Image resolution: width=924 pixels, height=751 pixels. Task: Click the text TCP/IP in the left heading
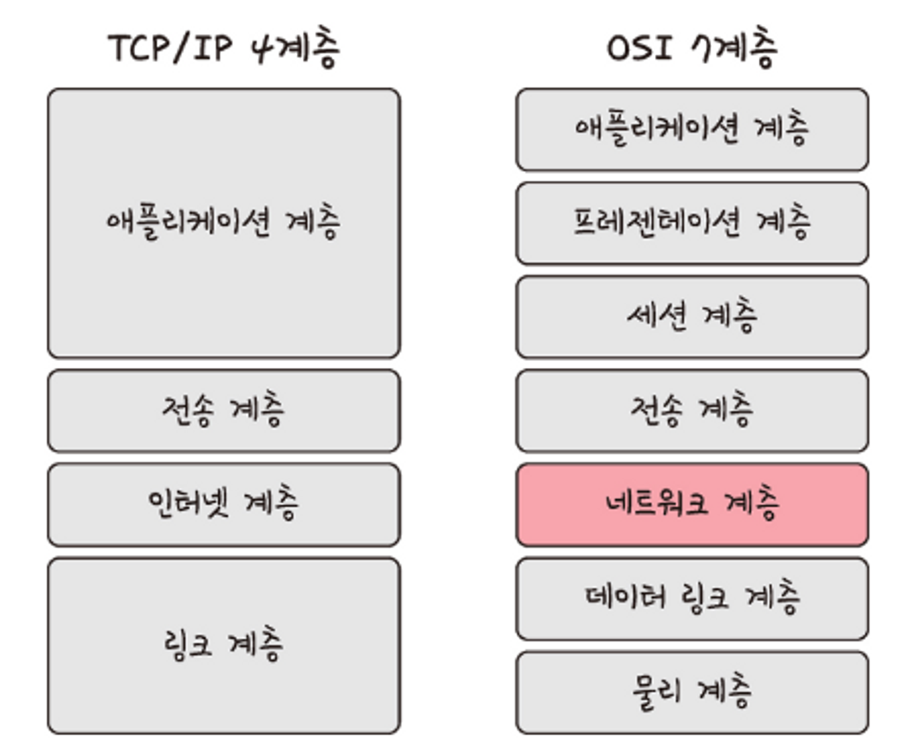click(x=170, y=48)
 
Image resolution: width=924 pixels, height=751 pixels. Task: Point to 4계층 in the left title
click(x=296, y=48)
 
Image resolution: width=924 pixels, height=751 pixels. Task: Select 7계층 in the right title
click(x=735, y=48)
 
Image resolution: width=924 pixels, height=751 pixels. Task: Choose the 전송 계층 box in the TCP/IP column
click(x=224, y=411)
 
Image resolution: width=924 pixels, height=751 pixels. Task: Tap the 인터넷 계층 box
click(x=224, y=504)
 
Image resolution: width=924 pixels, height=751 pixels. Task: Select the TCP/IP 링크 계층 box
click(x=224, y=645)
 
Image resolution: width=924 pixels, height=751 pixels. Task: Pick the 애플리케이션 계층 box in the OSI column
click(x=692, y=129)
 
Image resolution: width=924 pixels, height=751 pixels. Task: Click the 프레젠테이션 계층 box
click(x=692, y=223)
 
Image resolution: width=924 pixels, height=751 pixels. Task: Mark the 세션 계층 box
click(x=692, y=317)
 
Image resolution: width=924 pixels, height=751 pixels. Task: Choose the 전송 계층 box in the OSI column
click(x=692, y=411)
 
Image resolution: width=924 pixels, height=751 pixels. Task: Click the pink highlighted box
click(x=692, y=504)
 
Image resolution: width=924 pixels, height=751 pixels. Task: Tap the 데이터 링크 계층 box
click(x=692, y=598)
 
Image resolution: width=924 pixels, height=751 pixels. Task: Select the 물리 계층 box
click(x=692, y=692)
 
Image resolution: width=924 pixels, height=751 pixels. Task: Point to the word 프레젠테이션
click(x=656, y=222)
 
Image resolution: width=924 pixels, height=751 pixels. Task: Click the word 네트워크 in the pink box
click(x=656, y=503)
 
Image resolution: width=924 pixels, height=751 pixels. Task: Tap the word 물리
click(x=656, y=691)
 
